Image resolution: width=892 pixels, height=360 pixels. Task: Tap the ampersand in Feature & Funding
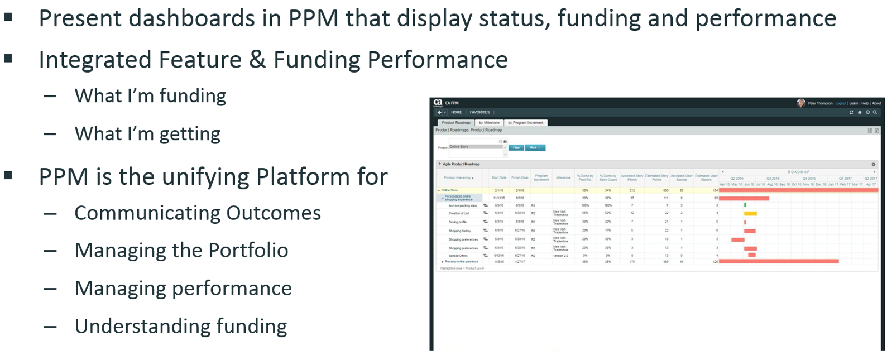click(257, 60)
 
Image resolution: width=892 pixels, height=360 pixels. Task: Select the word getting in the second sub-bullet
click(190, 135)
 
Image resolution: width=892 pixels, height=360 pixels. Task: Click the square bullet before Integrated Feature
click(8, 58)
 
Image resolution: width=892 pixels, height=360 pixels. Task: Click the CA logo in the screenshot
click(438, 103)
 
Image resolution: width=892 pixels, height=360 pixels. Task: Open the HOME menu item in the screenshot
click(457, 112)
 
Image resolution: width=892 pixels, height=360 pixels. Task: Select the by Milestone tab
click(489, 123)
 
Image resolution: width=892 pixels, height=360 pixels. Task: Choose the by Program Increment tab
click(525, 123)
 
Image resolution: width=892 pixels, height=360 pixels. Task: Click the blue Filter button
click(516, 148)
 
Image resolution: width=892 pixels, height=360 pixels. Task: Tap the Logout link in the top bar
click(841, 103)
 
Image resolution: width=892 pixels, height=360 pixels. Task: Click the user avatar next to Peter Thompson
click(801, 103)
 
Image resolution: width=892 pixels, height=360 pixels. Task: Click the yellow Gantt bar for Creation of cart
click(751, 213)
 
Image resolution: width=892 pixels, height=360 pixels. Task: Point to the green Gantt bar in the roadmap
click(745, 205)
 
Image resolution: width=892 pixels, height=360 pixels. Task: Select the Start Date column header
click(499, 178)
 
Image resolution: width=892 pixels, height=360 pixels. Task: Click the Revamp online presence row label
click(462, 261)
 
